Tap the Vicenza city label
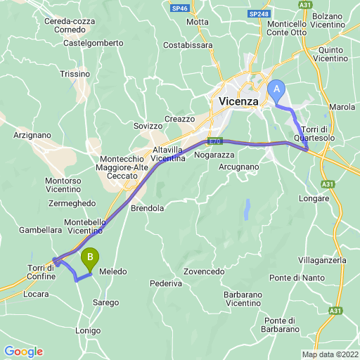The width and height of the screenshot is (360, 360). (238, 101)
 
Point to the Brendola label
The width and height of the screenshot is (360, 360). (147, 208)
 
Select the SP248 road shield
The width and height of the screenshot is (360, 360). (258, 14)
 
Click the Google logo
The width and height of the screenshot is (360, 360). (23, 352)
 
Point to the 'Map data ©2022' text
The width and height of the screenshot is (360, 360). (330, 354)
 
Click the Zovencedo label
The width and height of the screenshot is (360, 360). (204, 271)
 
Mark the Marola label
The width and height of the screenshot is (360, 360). (342, 107)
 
